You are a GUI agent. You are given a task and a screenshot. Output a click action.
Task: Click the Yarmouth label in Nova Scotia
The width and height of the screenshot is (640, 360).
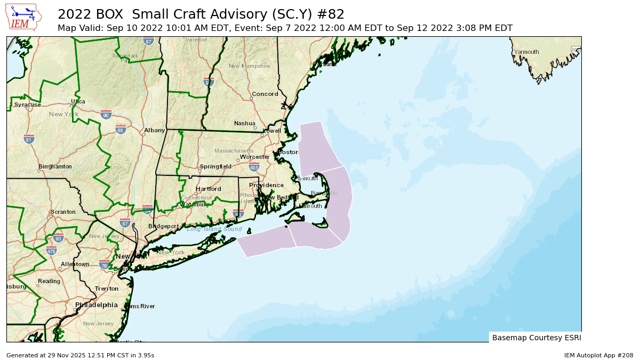[526, 52]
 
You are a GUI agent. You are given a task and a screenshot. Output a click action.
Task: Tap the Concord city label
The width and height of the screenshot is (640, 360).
[265, 94]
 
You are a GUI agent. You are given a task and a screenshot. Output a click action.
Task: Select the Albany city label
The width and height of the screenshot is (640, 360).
[155, 130]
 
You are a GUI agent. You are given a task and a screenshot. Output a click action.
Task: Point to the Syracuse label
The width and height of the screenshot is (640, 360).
[27, 105]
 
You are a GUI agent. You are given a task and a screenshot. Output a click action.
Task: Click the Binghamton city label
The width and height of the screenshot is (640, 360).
[55, 167]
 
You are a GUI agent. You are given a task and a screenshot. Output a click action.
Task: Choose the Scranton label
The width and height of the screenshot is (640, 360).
[62, 212]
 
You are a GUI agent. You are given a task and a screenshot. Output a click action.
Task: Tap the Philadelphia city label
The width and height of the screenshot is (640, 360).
[97, 305]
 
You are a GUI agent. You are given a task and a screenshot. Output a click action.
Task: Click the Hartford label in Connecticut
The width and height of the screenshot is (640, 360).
[208, 189]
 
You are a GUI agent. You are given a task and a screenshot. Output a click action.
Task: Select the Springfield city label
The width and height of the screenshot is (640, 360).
[215, 166]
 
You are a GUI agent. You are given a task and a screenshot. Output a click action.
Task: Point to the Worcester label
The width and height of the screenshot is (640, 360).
[254, 157]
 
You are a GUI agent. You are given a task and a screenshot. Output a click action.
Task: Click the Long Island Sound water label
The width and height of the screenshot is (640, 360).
[214, 229]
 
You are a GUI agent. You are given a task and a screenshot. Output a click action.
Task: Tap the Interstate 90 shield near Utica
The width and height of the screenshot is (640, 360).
[106, 115]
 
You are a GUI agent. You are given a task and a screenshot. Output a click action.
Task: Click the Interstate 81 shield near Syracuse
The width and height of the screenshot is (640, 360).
[29, 139]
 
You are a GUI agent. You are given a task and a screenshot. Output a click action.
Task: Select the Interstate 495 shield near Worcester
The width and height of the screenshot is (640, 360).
[254, 167]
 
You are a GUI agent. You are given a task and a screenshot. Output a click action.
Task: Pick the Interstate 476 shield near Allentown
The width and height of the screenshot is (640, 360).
[51, 251]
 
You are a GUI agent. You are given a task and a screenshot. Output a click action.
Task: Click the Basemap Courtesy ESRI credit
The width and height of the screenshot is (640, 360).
[536, 338]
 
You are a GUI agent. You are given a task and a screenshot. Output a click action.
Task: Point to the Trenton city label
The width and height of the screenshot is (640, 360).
[107, 289]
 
